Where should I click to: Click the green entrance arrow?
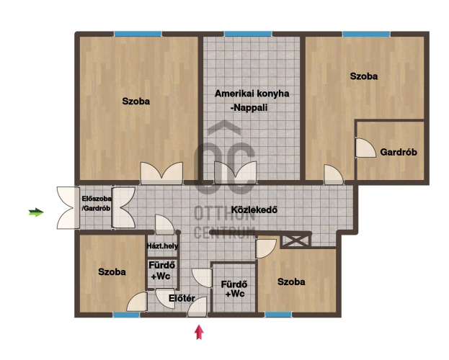36,212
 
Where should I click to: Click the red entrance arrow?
200,332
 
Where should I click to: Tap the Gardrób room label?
399,152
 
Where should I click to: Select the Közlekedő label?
254,210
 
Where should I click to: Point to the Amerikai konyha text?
252,94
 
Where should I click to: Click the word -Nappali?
249,107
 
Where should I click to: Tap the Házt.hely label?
162,246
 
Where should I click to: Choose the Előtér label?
182,298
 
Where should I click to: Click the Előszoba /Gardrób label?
97,203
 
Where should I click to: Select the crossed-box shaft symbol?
295,240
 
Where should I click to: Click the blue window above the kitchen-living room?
248,34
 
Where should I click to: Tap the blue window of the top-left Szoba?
138,34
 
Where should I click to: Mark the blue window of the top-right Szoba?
366,34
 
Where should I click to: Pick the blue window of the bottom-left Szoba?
126,315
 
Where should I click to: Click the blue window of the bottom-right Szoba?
278,315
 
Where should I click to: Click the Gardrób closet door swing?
365,148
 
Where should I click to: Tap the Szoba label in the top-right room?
364,76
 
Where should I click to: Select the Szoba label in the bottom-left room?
112,271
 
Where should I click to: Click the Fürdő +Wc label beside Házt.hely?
161,271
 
